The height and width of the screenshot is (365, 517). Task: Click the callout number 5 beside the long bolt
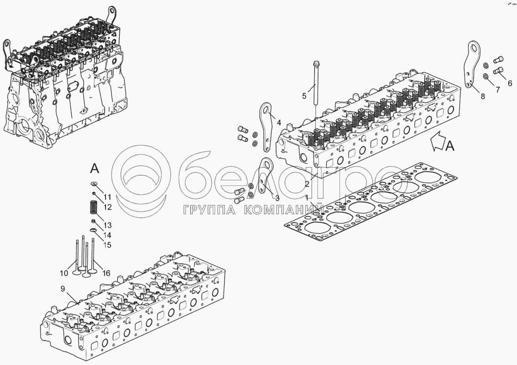coord(304,95)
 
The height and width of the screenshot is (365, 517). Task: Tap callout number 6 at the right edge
coord(509,83)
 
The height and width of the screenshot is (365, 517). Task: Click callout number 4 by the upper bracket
coord(279,122)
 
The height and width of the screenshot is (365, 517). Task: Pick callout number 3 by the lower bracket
coord(277,198)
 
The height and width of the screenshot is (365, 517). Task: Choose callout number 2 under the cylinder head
coord(307,183)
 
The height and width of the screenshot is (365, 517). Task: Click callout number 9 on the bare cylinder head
coord(62,288)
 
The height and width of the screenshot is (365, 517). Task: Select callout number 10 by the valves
coord(64,273)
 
